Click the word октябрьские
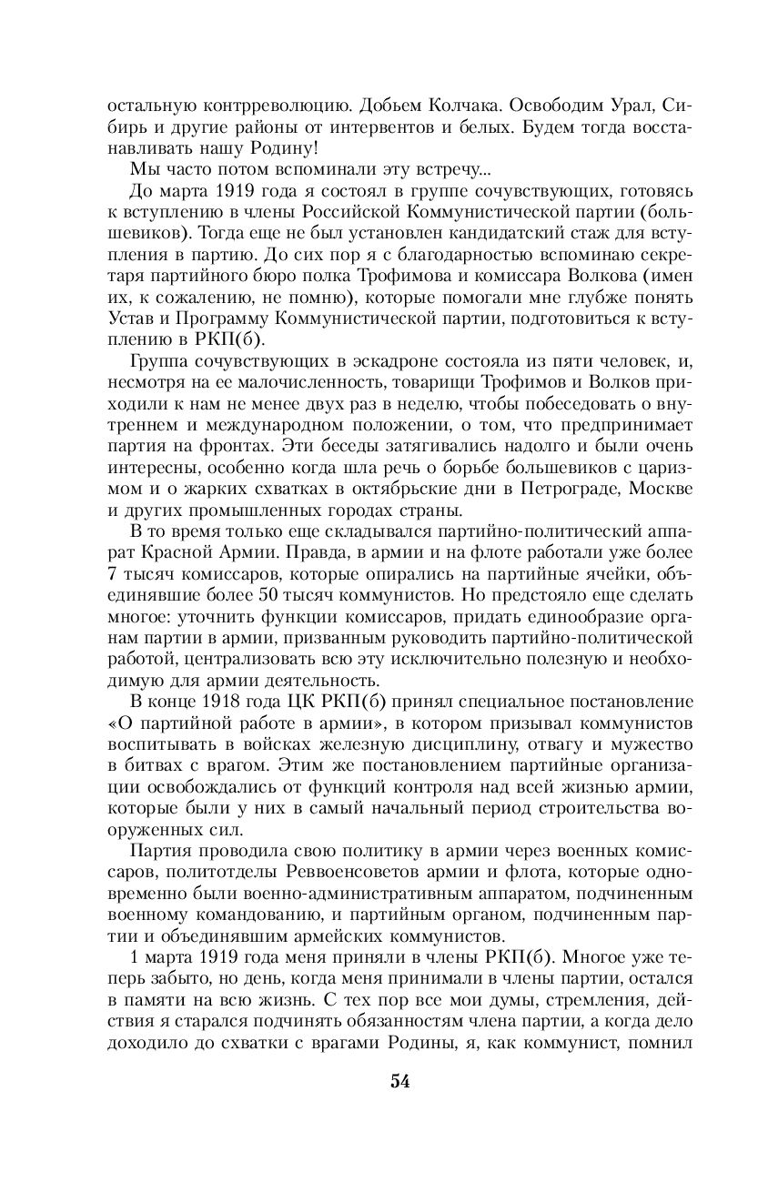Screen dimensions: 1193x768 click(x=386, y=489)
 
